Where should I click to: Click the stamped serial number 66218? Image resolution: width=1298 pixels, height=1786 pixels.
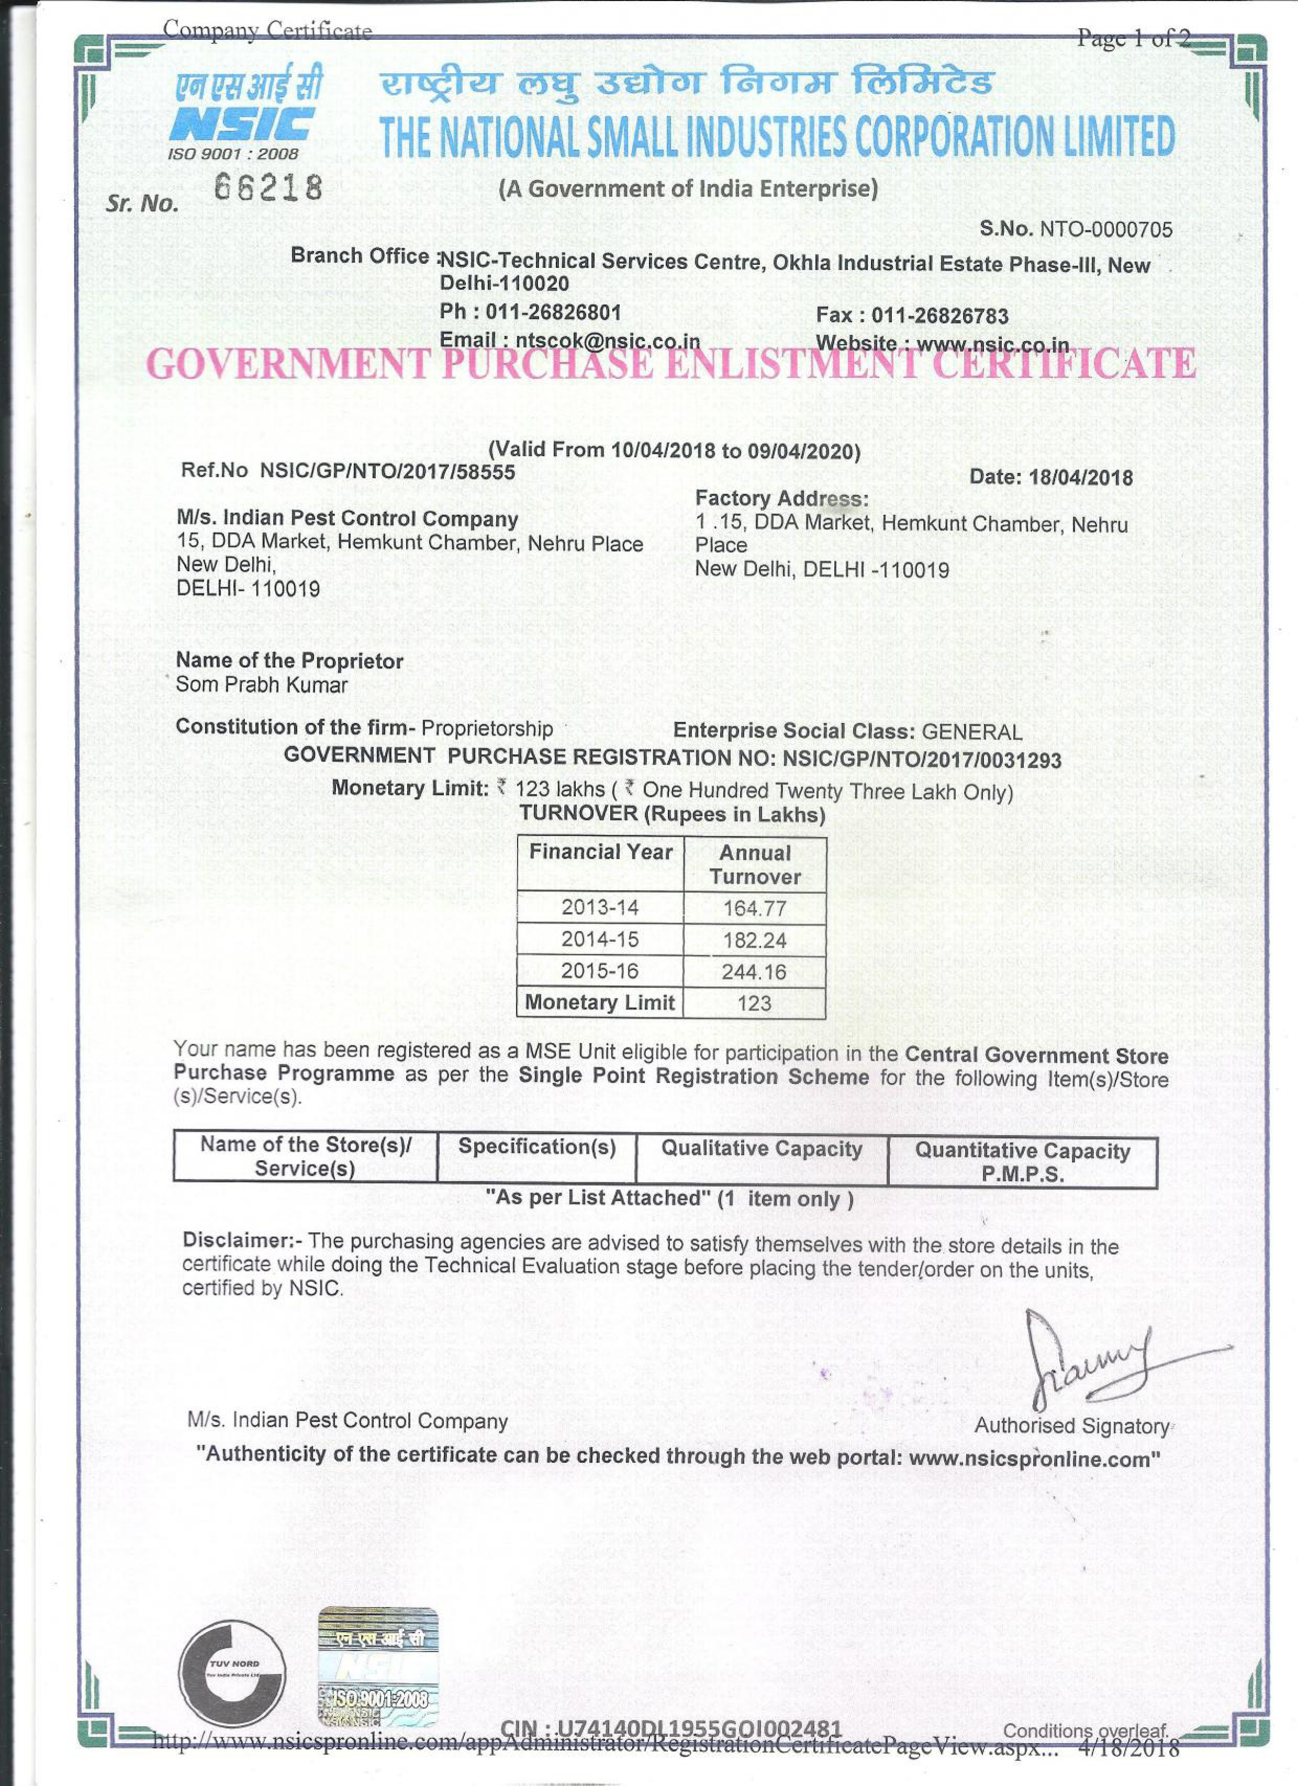coord(268,189)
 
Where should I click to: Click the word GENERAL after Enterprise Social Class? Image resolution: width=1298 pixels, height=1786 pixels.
coord(971,732)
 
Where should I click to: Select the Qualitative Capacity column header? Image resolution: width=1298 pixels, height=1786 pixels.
coord(761,1148)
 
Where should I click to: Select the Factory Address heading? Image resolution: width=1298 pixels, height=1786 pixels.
coord(781,499)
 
